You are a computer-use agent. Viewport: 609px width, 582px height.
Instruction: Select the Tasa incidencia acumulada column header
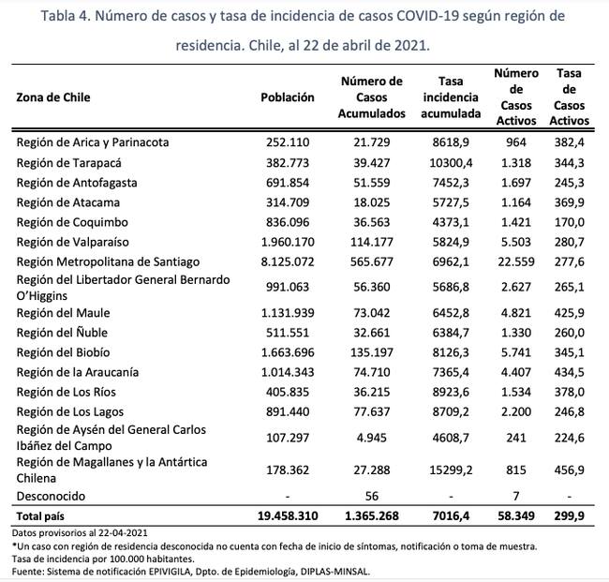[451, 97]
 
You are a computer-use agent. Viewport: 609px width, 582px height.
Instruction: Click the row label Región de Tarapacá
[68, 161]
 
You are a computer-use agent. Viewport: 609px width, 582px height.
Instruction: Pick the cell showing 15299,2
[452, 469]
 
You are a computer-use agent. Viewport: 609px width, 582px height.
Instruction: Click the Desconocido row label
[52, 495]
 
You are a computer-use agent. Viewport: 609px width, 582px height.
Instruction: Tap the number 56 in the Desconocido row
[373, 495]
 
